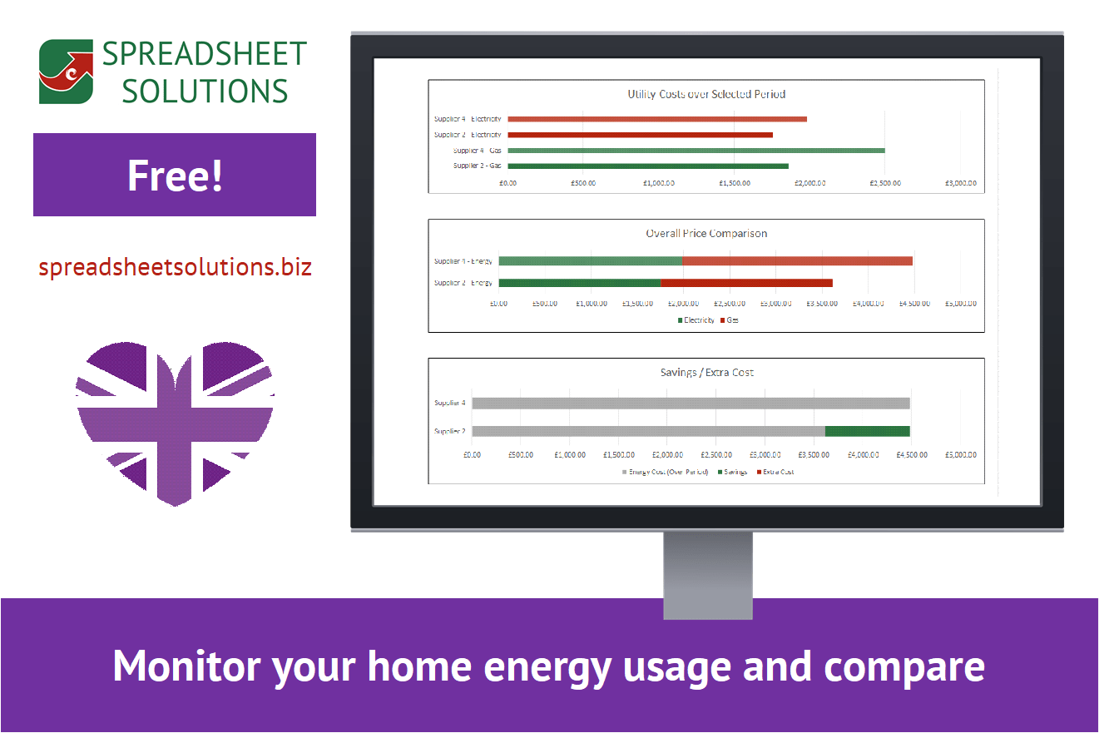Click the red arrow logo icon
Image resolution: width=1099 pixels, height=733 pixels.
point(66,72)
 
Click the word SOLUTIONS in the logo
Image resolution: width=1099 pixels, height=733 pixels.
point(205,90)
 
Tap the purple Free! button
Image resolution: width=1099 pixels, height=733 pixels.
point(175,175)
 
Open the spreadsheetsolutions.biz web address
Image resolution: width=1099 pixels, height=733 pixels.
point(175,267)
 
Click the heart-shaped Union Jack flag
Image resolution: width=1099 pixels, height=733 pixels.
point(175,421)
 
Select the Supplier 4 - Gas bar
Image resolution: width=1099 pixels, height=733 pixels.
point(696,151)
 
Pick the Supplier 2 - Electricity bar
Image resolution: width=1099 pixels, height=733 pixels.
point(640,135)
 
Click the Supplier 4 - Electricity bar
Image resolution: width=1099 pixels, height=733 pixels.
point(657,119)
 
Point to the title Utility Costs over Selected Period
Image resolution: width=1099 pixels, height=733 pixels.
point(705,94)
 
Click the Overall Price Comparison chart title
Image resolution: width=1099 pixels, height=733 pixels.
point(705,233)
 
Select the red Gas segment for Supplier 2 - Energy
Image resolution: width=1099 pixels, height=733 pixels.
point(746,283)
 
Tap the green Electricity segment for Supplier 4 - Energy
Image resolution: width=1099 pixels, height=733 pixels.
point(590,261)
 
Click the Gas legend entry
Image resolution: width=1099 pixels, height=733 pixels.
point(731,320)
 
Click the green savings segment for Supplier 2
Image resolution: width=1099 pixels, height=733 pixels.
point(867,431)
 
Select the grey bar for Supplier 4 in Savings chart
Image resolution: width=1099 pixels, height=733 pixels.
point(691,404)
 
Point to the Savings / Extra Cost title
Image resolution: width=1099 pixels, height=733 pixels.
point(705,372)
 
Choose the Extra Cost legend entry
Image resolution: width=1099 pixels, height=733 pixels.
point(777,472)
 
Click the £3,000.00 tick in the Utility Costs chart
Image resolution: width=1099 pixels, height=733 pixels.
point(959,182)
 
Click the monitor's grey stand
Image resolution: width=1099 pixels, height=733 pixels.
point(708,574)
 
